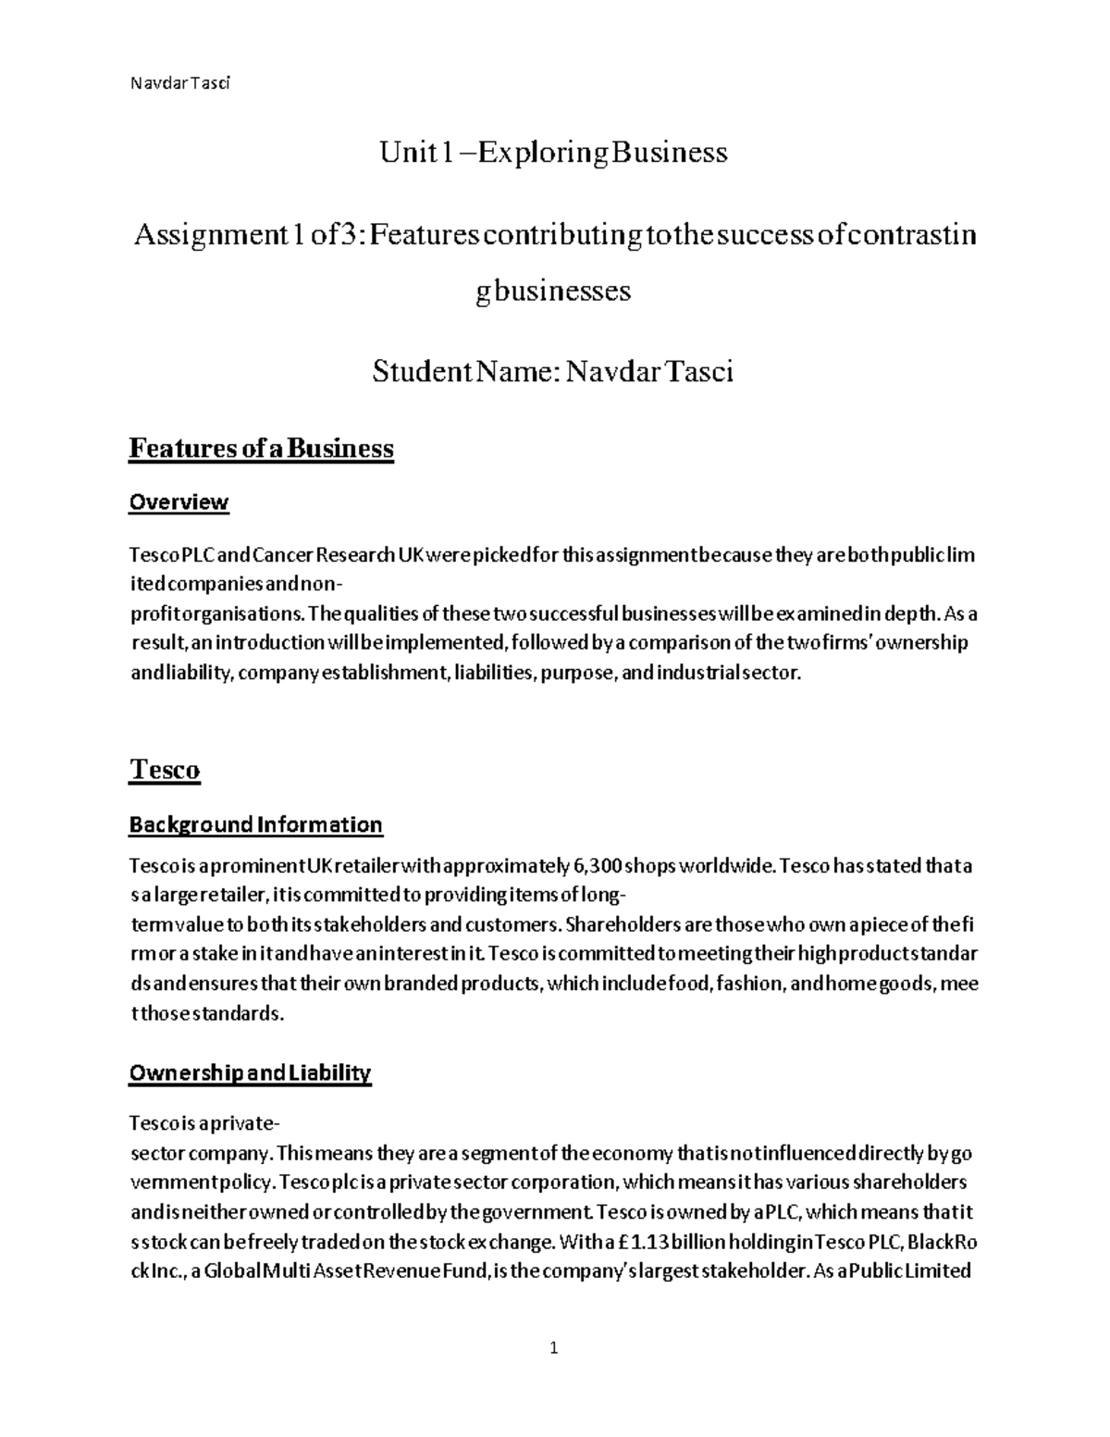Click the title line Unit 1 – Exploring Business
coord(553,152)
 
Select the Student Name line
coord(553,372)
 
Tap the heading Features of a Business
coord(261,449)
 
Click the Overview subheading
coord(178,502)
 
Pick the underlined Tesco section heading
coord(165,770)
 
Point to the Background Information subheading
coord(255,824)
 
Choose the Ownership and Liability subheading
coord(250,1073)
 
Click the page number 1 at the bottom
coord(554,1348)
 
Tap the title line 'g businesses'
coord(553,291)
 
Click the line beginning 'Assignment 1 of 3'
coord(553,236)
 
